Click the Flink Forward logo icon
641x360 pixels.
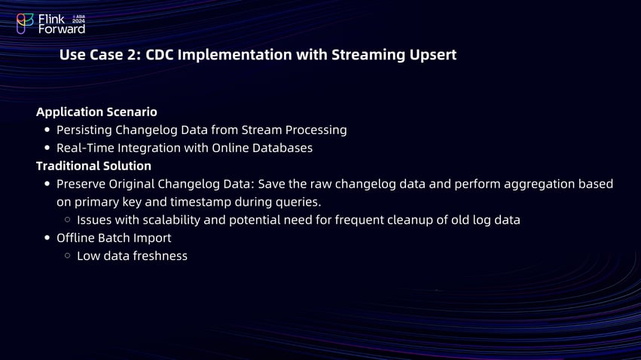25,24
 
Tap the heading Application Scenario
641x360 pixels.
96,111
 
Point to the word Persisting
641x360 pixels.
84,130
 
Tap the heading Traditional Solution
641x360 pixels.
93,166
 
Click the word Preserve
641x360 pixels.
84,184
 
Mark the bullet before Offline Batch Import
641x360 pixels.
47,238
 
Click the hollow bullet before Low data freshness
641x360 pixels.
68,256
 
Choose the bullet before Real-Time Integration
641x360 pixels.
47,148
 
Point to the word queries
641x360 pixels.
297,202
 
